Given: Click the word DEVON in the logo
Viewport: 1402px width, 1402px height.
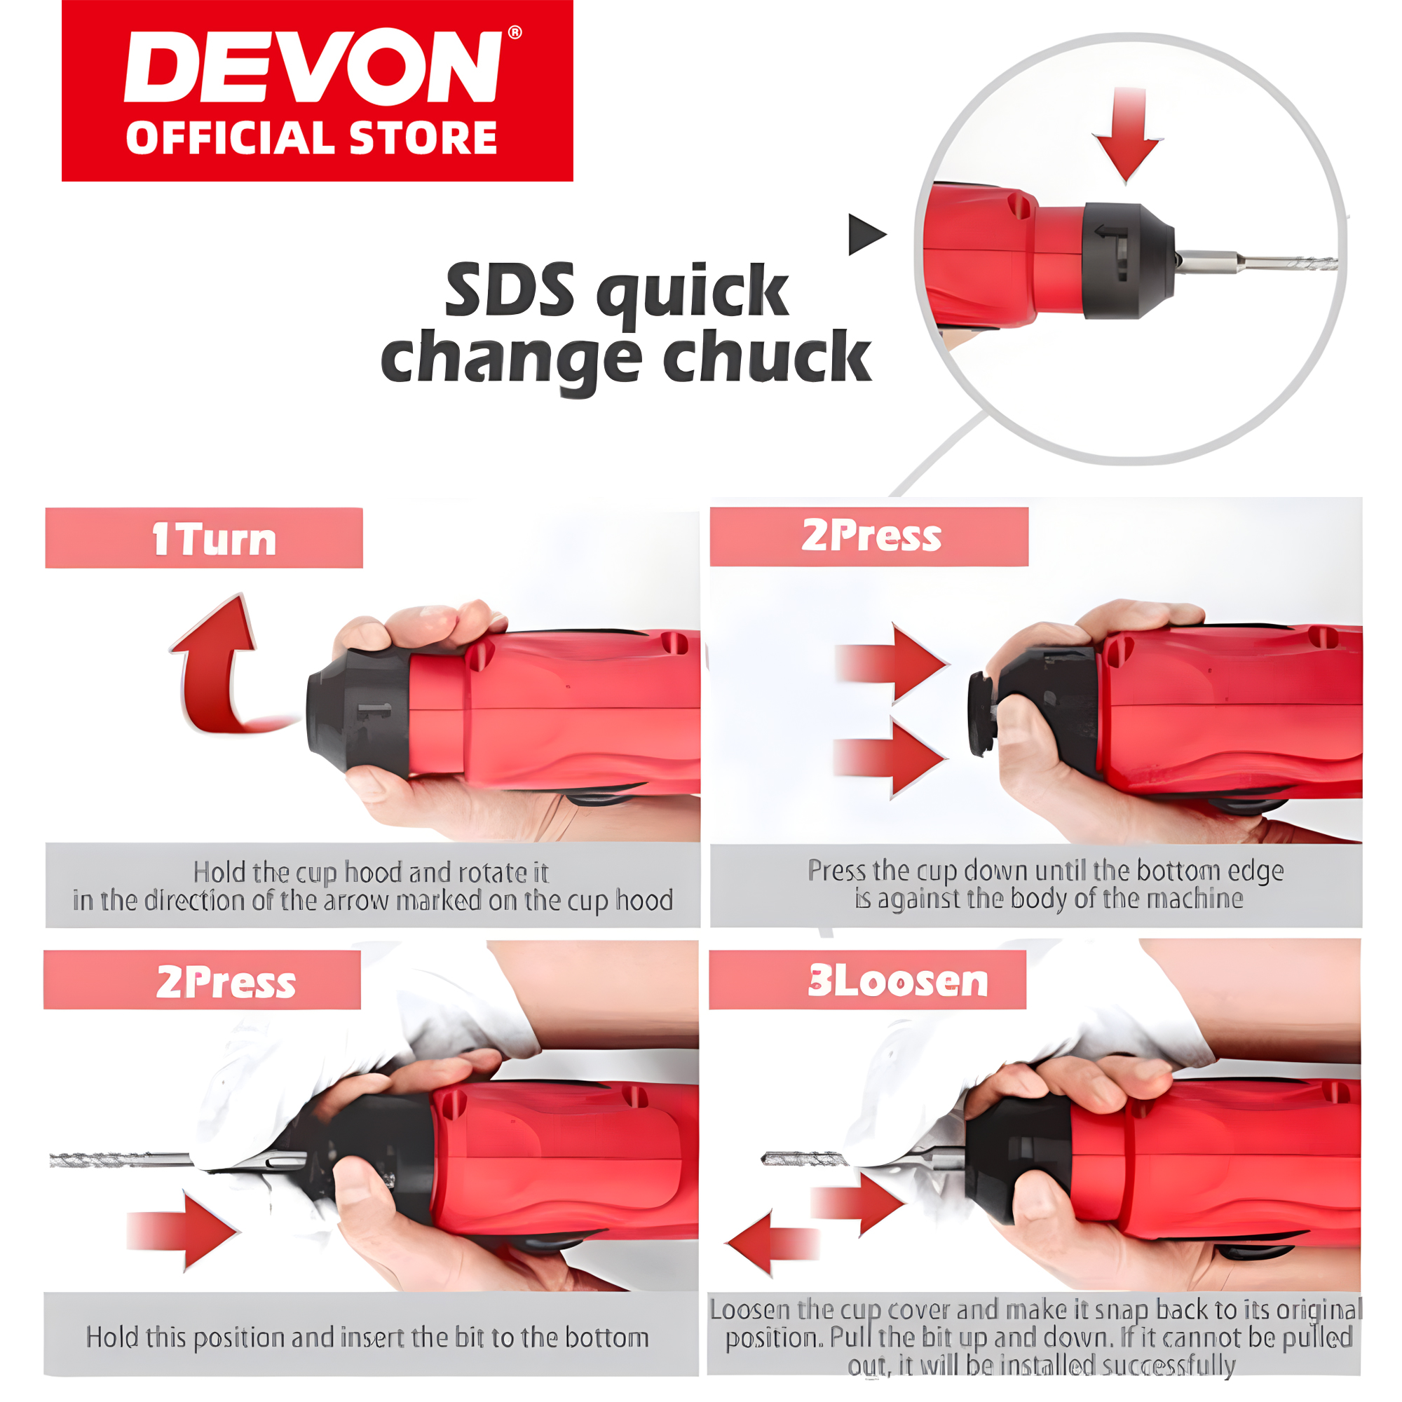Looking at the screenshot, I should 312,67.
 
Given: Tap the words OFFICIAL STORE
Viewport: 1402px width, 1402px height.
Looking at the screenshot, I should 311,138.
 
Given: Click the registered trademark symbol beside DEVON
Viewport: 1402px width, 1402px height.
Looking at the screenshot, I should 515,33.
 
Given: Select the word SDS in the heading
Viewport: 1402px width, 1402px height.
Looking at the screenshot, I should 510,290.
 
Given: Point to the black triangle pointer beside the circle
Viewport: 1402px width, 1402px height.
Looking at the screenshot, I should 865,234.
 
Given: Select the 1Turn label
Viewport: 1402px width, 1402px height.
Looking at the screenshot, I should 214,540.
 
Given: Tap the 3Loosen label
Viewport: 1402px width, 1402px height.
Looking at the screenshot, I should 898,981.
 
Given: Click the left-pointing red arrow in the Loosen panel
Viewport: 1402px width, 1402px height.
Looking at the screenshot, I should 769,1243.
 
